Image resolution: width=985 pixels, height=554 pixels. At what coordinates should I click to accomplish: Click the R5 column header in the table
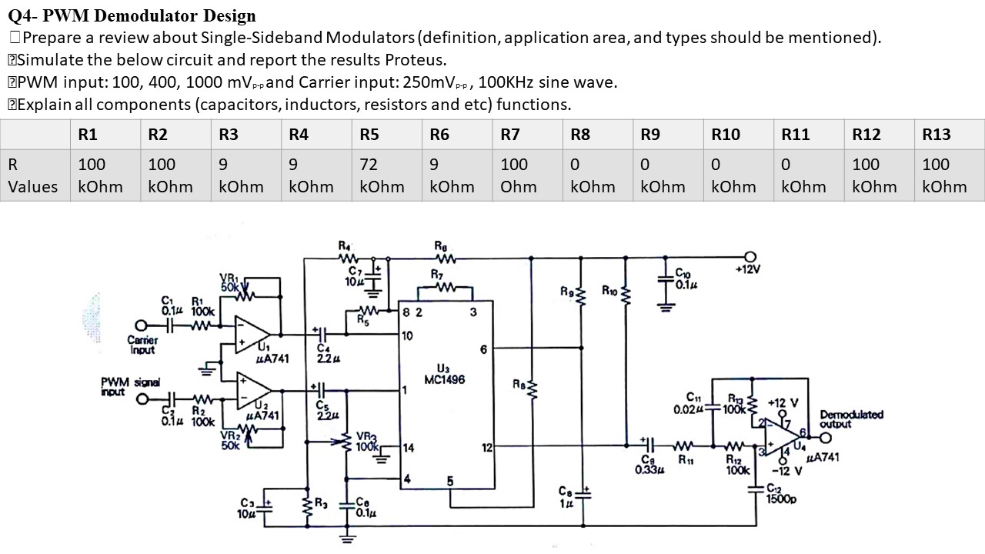point(369,135)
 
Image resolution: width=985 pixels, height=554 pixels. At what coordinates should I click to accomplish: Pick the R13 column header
point(937,135)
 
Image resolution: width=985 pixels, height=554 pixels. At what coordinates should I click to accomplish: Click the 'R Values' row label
point(32,175)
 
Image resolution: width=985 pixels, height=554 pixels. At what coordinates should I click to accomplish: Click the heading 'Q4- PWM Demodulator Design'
point(132,15)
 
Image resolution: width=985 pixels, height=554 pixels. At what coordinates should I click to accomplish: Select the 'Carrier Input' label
point(142,344)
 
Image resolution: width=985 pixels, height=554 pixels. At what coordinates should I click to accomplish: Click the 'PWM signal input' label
point(125,386)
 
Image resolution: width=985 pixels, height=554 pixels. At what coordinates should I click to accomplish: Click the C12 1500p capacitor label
point(782,493)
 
